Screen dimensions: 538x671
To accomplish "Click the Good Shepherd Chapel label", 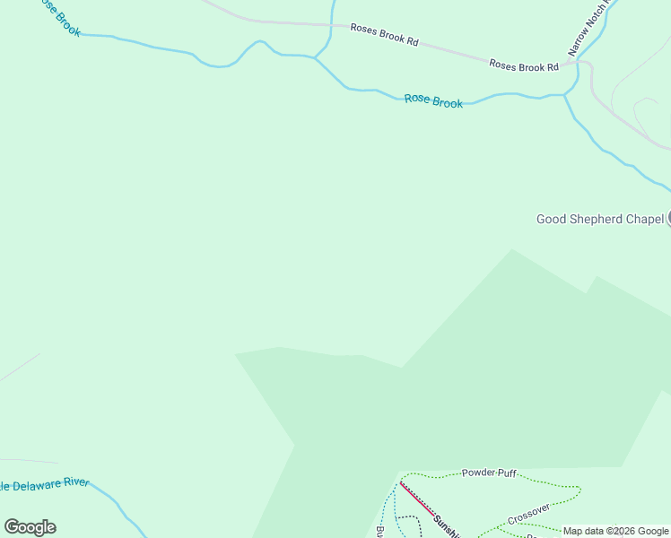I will point(599,219).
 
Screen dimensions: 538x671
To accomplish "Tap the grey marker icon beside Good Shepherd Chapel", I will point(668,218).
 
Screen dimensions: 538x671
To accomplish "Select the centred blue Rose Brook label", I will point(433,101).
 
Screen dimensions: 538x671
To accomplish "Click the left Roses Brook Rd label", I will point(384,35).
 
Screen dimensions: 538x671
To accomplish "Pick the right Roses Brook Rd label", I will point(523,65).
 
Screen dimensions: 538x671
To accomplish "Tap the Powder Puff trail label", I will point(489,473).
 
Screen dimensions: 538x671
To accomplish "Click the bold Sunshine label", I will point(446,526).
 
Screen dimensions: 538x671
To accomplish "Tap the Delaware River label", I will point(45,484).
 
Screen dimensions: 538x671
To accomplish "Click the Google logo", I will point(30,527).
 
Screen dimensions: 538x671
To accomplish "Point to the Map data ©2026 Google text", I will point(615,531).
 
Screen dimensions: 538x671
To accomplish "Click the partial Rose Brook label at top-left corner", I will point(59,18).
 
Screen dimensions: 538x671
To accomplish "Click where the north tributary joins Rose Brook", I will point(315,57).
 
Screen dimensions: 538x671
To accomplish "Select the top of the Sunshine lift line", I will point(400,482).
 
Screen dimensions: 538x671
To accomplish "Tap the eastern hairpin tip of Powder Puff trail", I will point(580,490).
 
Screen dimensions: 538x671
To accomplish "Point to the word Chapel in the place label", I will point(643,219).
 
